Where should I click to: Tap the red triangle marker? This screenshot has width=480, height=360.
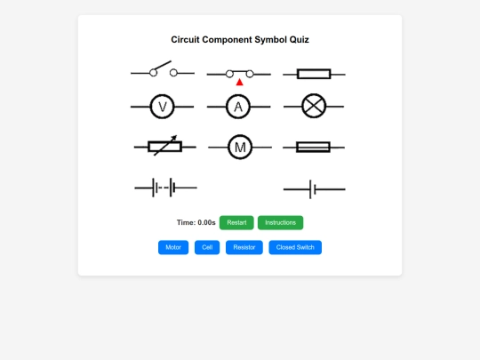click(240, 82)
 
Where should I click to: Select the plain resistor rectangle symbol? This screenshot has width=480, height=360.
click(314, 74)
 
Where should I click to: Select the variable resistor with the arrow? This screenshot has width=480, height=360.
click(165, 147)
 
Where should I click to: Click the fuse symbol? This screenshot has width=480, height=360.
click(314, 148)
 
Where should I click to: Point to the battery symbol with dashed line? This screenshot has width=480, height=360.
click(165, 188)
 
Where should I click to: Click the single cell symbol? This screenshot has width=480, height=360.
click(315, 189)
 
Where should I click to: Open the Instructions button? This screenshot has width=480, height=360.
click(280, 222)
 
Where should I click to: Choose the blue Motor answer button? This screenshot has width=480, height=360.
click(173, 247)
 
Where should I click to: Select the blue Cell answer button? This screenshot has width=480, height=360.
click(207, 247)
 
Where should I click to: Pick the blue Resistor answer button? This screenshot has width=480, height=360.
click(244, 247)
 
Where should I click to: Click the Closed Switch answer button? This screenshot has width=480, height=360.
click(295, 247)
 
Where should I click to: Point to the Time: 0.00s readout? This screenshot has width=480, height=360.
click(196, 222)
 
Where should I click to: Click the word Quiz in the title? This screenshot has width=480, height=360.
click(299, 39)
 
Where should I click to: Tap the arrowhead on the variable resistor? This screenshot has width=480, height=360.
click(174, 138)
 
